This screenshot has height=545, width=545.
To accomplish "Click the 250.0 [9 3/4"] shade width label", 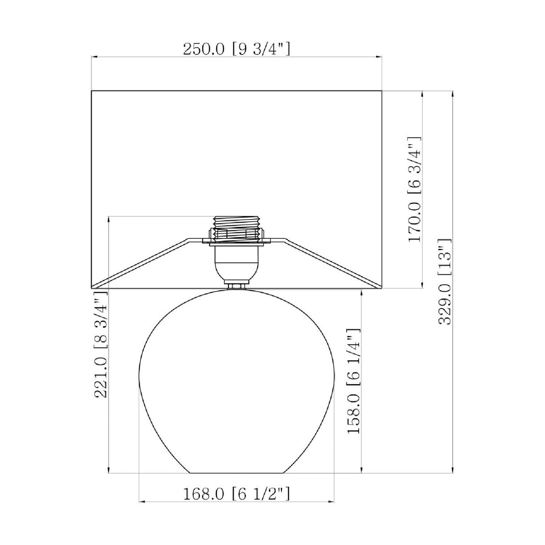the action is tap(237, 49).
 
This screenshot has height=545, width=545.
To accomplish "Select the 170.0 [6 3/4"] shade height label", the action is tap(414, 189).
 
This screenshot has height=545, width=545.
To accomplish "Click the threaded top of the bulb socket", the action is tap(236, 229).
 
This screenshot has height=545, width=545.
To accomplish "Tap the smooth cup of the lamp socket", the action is tap(236, 263).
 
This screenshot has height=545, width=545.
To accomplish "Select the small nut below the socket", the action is tap(236, 286).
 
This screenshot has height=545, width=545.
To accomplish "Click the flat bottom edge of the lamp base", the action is tap(236, 472).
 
